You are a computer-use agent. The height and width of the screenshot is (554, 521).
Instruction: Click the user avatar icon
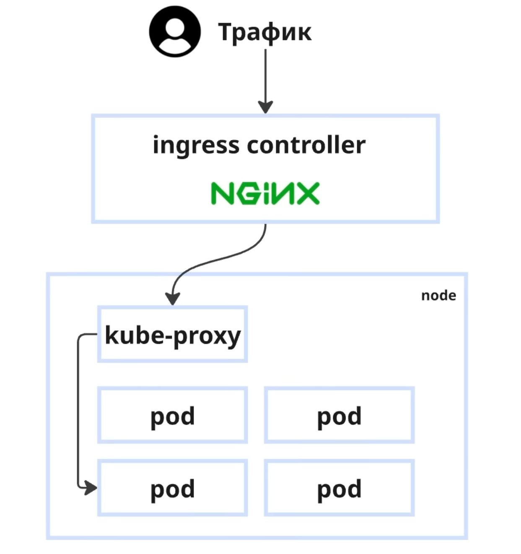coord(175,32)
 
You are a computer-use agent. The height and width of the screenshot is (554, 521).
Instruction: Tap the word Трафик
coord(264,32)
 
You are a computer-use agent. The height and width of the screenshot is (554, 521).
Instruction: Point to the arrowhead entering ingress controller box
coord(265,107)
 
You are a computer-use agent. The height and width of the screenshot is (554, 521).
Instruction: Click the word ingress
coord(196,145)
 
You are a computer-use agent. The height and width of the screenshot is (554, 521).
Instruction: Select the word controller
coord(306,145)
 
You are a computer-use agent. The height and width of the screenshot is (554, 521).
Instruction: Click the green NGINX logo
coord(265,193)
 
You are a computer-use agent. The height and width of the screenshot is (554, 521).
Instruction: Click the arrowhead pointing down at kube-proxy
coord(172,299)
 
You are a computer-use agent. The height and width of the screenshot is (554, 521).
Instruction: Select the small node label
coord(438,296)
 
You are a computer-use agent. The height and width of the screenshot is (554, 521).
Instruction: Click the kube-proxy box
coord(172,335)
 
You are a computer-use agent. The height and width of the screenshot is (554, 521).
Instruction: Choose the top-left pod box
coord(172,415)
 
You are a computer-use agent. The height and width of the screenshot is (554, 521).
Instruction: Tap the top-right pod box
coord(339,415)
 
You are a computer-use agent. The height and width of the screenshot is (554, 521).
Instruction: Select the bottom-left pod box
coord(172,488)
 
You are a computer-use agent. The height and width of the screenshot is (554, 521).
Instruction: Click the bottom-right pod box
coord(339,488)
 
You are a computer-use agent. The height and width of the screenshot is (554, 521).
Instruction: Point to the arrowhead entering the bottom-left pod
coord(91,487)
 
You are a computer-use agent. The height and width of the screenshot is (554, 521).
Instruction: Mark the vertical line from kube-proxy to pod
coord(78,410)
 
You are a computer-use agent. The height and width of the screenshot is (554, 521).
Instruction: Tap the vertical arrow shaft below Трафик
coord(265,75)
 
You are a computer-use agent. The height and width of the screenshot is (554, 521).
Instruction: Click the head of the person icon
coord(175,27)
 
